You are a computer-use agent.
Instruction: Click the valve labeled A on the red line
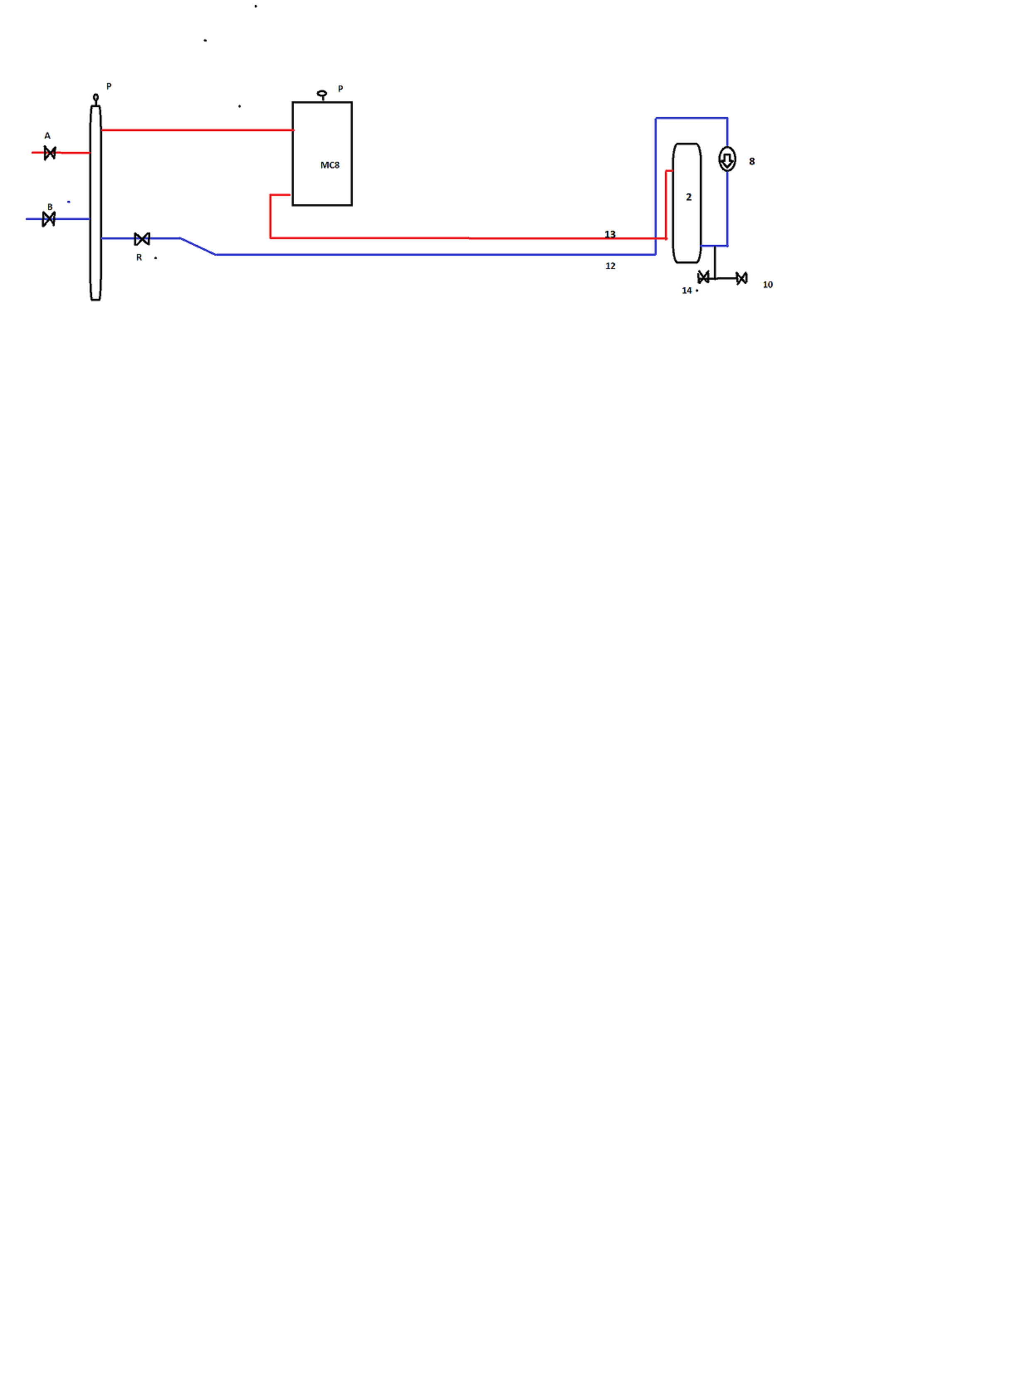pyautogui.click(x=50, y=153)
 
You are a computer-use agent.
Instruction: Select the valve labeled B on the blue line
pyautogui.click(x=49, y=219)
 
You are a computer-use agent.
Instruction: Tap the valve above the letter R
pyautogui.click(x=142, y=239)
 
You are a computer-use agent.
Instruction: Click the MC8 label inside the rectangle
pyautogui.click(x=330, y=165)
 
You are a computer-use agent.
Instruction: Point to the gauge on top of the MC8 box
pyautogui.click(x=322, y=95)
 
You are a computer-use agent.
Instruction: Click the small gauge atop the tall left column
pyautogui.click(x=96, y=98)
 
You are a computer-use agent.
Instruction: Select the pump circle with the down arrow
pyautogui.click(x=727, y=159)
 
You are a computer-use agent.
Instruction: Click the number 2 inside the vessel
pyautogui.click(x=688, y=197)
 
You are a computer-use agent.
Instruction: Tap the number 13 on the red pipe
pyautogui.click(x=610, y=234)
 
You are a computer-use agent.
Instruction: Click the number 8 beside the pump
pyautogui.click(x=752, y=161)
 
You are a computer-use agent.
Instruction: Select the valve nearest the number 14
pyautogui.click(x=704, y=277)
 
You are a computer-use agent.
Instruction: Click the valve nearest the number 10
pyautogui.click(x=741, y=279)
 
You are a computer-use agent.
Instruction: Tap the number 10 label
pyautogui.click(x=767, y=285)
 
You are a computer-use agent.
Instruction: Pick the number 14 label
pyautogui.click(x=687, y=290)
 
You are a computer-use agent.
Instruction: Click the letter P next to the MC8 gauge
pyautogui.click(x=340, y=88)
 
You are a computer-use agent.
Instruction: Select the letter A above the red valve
pyautogui.click(x=47, y=136)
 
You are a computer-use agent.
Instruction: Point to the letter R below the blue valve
pyautogui.click(x=139, y=257)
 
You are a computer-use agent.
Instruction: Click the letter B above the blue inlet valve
pyautogui.click(x=50, y=207)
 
